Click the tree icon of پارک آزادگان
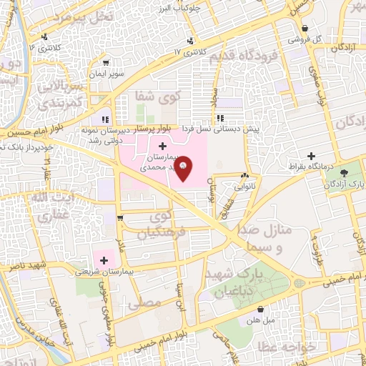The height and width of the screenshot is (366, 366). [x=345, y=173]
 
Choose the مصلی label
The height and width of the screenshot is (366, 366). [x=139, y=303]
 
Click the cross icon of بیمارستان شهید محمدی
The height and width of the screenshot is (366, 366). [x=164, y=145]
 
